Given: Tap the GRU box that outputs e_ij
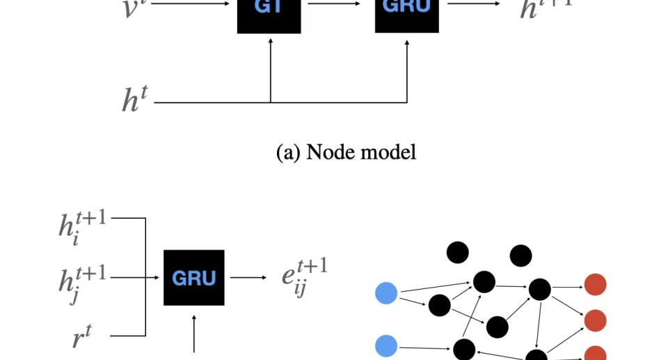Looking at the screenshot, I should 194,277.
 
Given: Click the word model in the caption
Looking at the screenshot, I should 390,151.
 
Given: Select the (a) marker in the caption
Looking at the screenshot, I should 287,151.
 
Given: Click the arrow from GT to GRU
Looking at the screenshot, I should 337,4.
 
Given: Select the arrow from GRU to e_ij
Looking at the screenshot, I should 248,277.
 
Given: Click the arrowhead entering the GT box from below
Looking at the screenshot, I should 270,39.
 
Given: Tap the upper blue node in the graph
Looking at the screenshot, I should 385,293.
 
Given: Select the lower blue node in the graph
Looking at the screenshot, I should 385,345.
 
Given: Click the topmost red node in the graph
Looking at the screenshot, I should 595,284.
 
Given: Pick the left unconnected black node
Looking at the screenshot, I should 457,252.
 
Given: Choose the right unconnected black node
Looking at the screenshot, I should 520,256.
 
